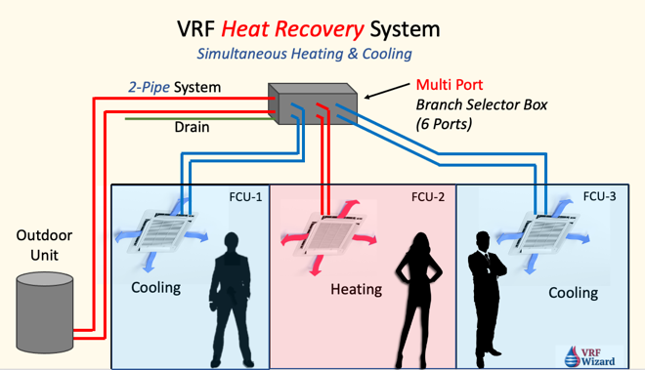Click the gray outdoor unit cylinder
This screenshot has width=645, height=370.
click(x=45, y=312)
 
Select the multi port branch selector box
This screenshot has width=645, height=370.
click(x=313, y=103)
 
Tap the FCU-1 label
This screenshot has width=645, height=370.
click(x=245, y=197)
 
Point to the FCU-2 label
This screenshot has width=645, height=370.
click(x=428, y=197)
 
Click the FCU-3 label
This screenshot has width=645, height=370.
click(x=600, y=196)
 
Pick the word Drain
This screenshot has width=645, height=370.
click(x=192, y=127)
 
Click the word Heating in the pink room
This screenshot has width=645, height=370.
click(x=357, y=289)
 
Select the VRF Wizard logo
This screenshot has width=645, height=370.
click(x=589, y=356)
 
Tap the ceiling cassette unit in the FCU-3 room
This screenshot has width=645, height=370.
click(x=544, y=233)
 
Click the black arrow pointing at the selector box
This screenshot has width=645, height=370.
click(x=387, y=91)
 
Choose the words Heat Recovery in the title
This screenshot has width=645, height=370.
click(x=292, y=29)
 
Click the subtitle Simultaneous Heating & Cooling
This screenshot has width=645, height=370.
click(x=304, y=54)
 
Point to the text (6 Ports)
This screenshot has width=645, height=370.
click(x=444, y=124)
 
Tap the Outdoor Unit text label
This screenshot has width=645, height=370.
click(x=44, y=245)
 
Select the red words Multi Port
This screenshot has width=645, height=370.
click(x=450, y=85)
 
